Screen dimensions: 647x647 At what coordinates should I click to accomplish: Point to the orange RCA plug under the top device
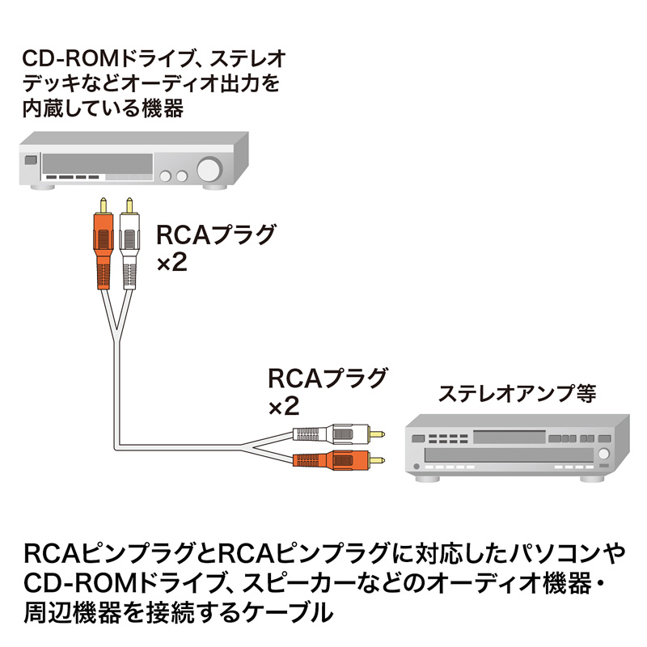click(x=102, y=247)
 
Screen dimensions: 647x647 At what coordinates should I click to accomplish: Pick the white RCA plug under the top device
click(x=129, y=247)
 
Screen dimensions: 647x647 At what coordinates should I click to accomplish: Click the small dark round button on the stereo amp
click(x=415, y=467)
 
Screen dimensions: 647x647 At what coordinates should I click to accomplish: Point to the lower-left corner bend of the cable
click(x=116, y=443)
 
